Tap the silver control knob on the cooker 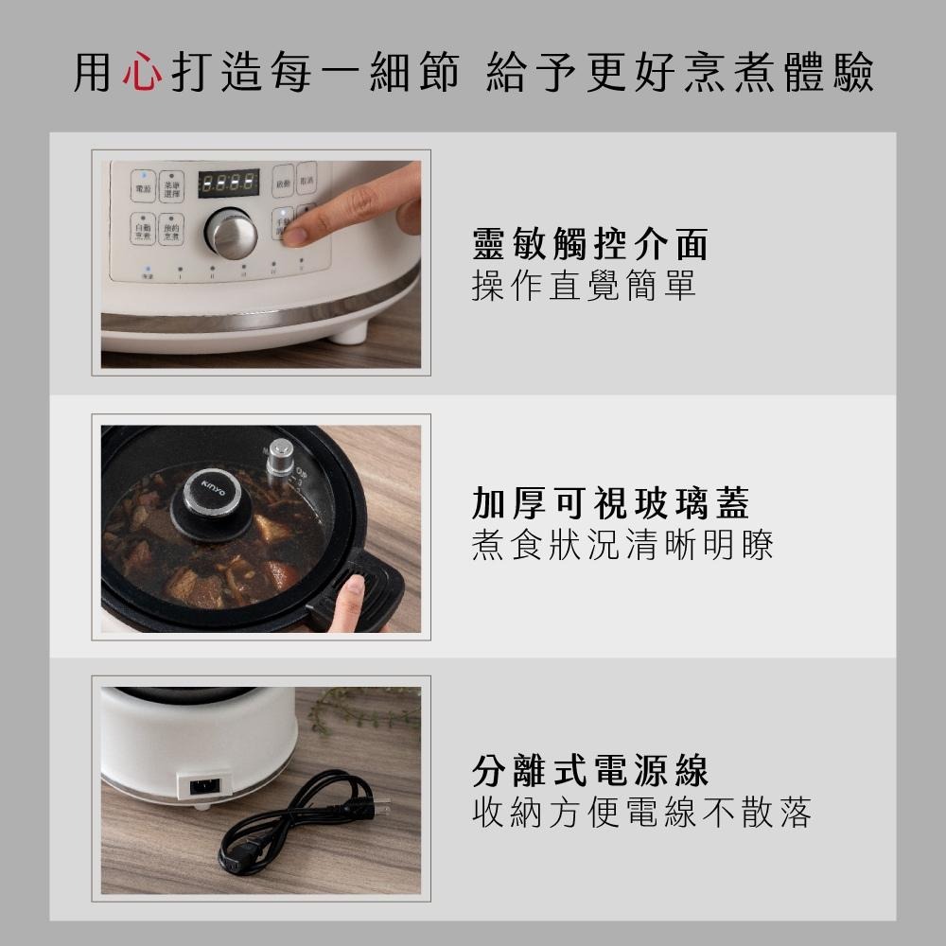click(232, 232)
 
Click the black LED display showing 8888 click(228, 183)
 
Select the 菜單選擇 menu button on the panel click(171, 188)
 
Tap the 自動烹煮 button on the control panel click(143, 230)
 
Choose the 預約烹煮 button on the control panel click(171, 230)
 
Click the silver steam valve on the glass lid click(280, 460)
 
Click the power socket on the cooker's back click(204, 784)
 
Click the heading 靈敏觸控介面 click(589, 244)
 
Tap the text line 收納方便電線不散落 click(641, 812)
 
